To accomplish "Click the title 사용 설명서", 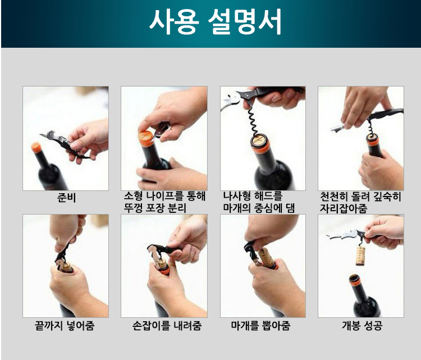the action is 216,21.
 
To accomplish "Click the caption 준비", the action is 66,198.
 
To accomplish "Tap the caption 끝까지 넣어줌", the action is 65,326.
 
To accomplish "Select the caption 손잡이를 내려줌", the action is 167,326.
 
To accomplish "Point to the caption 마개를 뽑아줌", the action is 260,326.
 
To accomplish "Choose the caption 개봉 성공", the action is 362,326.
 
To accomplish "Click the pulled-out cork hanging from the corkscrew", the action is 360,256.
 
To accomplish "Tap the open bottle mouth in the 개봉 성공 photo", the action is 354,279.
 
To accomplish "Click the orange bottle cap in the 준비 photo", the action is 36,148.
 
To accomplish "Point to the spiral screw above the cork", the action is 253,121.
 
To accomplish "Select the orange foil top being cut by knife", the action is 146,138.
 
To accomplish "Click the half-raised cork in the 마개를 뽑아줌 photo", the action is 266,257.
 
